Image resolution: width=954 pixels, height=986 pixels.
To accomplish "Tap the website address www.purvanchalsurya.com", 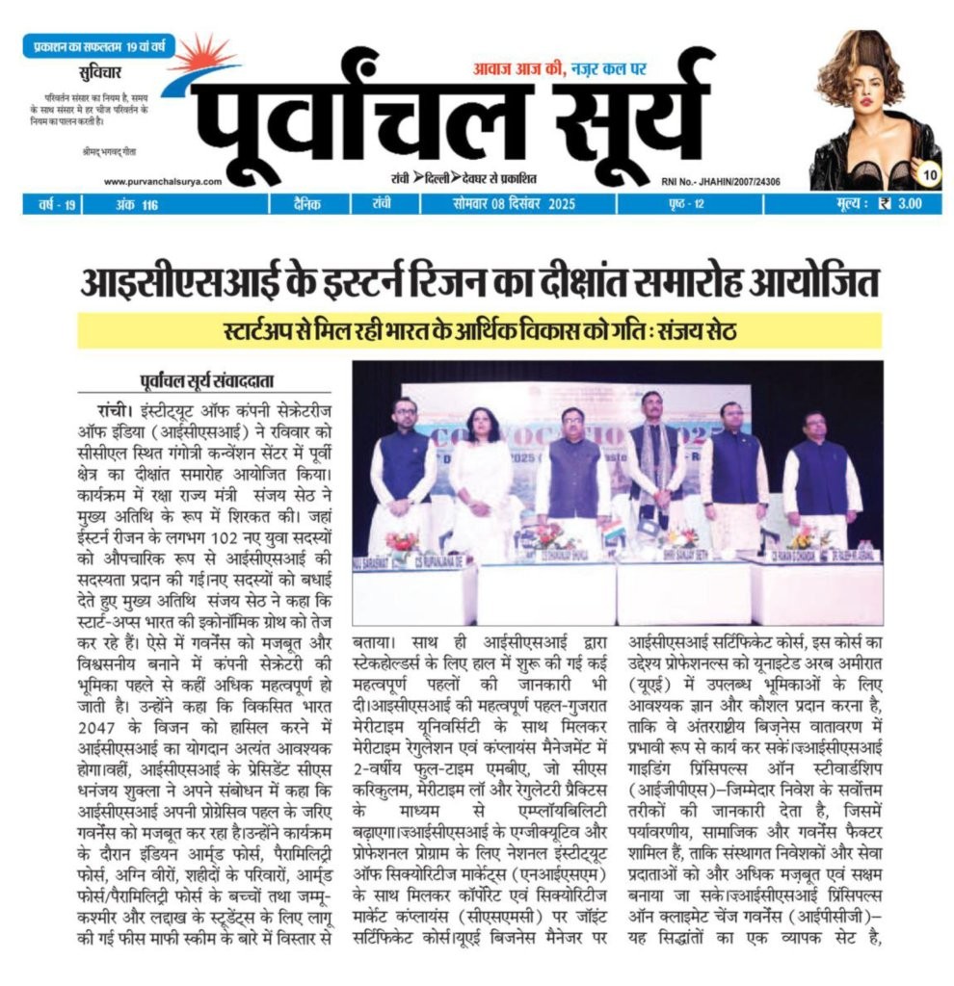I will click(x=162, y=181).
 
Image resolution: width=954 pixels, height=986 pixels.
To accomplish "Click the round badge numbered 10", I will click(x=929, y=174).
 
